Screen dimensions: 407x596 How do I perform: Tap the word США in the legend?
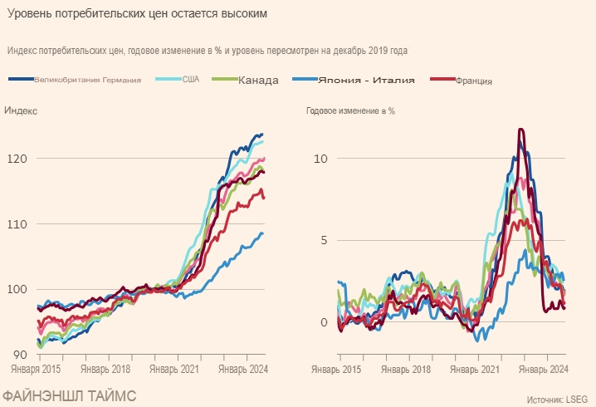tap(190, 80)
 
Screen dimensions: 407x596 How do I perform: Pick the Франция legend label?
tap(474, 81)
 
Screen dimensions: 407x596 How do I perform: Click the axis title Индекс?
tap(21, 110)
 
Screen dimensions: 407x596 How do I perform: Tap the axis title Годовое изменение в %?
tap(350, 110)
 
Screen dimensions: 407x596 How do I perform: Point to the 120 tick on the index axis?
tap(17, 159)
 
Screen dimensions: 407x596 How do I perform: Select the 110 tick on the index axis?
tap(17, 224)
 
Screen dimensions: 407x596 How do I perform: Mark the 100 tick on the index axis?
tap(17, 290)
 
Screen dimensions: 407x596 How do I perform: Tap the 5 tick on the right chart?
tap(326, 241)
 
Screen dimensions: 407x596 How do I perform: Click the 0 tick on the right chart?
tap(326, 322)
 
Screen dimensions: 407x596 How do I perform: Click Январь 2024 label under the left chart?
tap(242, 369)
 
